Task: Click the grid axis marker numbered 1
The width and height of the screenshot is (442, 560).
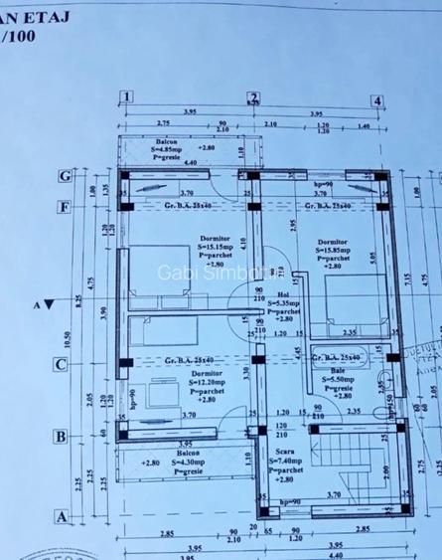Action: click(126, 97)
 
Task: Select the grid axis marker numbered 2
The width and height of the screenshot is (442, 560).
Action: click(252, 97)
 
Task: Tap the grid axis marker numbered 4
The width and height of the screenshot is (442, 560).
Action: click(376, 100)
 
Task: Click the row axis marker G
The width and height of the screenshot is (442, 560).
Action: click(63, 177)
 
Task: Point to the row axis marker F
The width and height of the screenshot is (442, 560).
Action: click(63, 208)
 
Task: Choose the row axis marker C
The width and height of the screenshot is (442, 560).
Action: click(61, 364)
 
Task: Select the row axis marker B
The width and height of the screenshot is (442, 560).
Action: click(61, 436)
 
